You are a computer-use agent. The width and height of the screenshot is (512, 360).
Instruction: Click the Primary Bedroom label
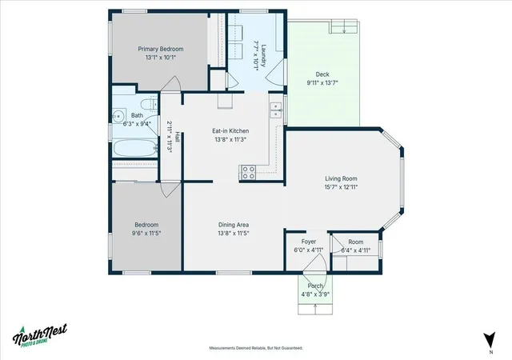(160, 49)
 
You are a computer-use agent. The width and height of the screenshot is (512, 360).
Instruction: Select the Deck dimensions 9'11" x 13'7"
(322, 83)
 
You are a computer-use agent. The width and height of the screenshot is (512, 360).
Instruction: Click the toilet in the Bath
(149, 104)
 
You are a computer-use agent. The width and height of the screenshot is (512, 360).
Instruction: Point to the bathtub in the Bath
(135, 148)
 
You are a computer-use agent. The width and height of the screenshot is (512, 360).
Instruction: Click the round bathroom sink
(118, 115)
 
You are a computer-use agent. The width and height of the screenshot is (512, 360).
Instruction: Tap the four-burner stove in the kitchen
(248, 173)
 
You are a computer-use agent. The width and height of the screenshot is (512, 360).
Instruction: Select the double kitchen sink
(276, 110)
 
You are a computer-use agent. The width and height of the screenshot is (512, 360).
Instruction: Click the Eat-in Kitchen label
(230, 131)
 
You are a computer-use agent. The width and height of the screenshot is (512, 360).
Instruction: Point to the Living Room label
(341, 178)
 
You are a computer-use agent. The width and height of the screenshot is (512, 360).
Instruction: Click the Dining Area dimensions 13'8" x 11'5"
(234, 234)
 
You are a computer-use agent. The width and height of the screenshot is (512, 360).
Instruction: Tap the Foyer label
(309, 242)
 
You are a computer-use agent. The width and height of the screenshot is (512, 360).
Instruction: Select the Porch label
(315, 286)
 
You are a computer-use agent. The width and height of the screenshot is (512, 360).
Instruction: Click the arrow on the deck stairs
(344, 30)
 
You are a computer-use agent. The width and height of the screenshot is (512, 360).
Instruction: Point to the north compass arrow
(490, 340)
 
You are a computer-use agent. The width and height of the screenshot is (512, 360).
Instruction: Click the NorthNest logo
(40, 334)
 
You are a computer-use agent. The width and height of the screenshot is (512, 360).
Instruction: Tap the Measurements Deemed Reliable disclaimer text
(256, 348)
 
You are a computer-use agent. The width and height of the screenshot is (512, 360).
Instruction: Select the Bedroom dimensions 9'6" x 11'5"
(146, 234)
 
